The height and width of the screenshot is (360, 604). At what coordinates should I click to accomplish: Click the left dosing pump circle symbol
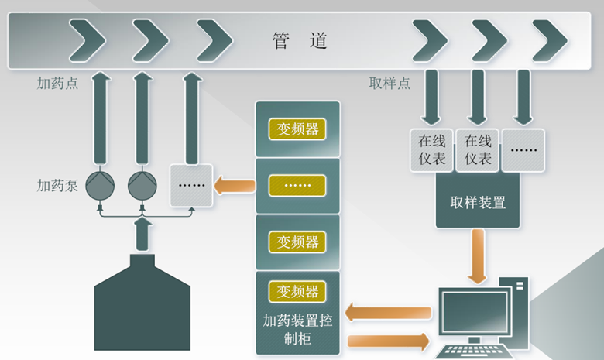click(100, 185)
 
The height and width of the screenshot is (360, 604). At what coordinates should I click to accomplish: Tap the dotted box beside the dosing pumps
click(190, 185)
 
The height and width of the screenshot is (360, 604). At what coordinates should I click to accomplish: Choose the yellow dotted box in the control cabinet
click(297, 185)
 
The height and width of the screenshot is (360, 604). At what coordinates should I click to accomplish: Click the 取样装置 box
click(478, 203)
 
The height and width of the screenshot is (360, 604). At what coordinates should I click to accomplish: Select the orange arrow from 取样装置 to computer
click(478, 256)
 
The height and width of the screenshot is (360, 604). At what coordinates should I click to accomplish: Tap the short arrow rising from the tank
click(142, 235)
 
